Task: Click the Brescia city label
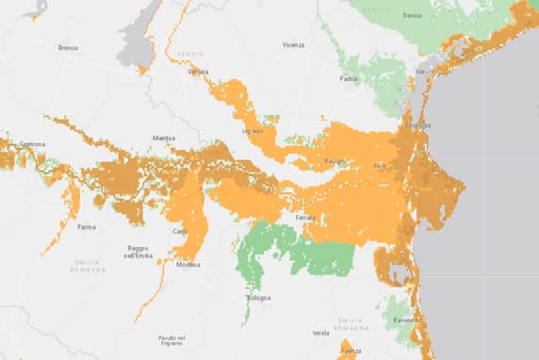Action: point(67,47)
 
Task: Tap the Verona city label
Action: point(198,72)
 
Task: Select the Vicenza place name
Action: point(293,44)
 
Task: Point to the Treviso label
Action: point(410,15)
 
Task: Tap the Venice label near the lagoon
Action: point(425,72)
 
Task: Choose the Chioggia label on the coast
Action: point(417,125)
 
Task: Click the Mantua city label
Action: point(164,139)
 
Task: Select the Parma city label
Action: point(86,226)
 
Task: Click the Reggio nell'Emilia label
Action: point(139,251)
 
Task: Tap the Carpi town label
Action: point(179,231)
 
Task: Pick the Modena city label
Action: point(188,265)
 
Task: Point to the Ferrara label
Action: point(304,218)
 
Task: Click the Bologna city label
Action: point(259,298)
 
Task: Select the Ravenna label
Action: point(406,320)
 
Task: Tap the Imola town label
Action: point(320,333)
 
